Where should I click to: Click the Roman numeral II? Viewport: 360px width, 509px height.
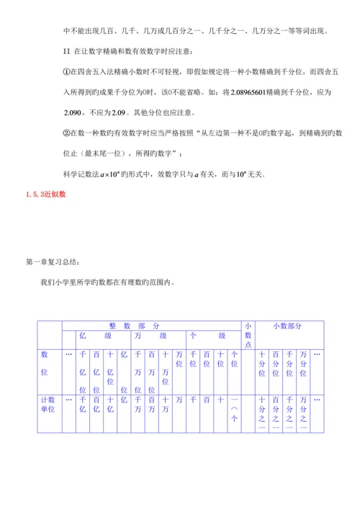(x=66, y=52)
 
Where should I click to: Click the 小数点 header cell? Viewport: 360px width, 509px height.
(x=248, y=334)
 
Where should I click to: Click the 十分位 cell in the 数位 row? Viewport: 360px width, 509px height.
(x=262, y=364)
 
